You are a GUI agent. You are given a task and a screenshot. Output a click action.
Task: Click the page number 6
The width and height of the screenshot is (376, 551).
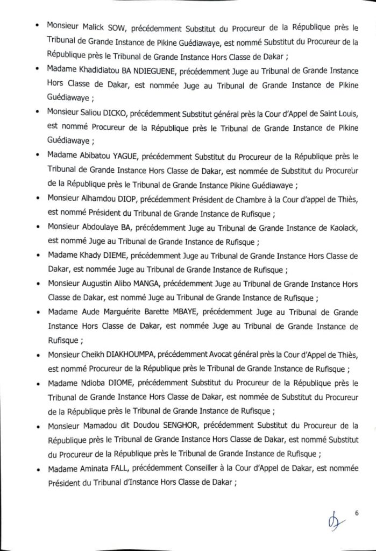357,513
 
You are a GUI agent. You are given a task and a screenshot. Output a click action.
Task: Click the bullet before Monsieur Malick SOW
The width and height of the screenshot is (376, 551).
36,26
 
